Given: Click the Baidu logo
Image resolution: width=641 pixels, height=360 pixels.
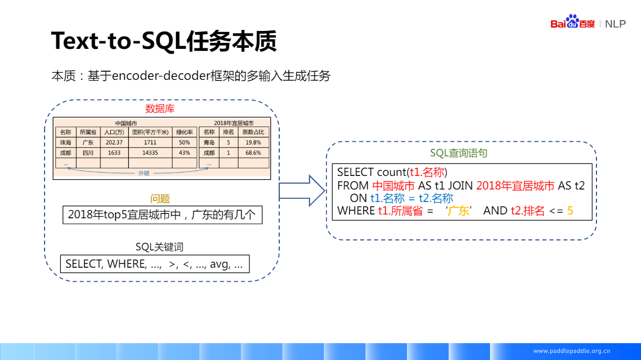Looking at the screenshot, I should click(x=573, y=23).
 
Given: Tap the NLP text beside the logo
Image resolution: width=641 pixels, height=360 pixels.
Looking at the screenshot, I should click(x=615, y=24).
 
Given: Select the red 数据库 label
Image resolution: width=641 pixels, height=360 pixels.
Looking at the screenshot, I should click(x=160, y=109).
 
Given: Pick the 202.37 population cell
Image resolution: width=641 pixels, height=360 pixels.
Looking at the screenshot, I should click(x=114, y=142).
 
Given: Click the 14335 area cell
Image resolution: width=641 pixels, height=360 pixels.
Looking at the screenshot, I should click(x=150, y=153).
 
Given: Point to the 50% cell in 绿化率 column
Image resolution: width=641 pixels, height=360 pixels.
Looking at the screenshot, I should click(x=184, y=142).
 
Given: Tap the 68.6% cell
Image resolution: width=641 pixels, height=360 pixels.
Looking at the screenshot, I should click(x=253, y=153).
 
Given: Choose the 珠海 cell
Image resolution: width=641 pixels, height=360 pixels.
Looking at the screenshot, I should click(x=66, y=142).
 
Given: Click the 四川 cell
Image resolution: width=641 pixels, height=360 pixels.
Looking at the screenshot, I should click(x=88, y=153).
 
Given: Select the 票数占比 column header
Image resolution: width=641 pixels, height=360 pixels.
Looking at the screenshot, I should click(x=253, y=132).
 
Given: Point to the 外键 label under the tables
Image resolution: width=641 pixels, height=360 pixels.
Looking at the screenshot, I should click(x=143, y=173).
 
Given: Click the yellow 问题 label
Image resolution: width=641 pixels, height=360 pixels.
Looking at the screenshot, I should click(x=160, y=199).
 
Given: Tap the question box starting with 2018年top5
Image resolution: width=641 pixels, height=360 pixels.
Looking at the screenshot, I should click(x=162, y=214).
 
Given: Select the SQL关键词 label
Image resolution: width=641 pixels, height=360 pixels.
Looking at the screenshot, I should click(x=159, y=247).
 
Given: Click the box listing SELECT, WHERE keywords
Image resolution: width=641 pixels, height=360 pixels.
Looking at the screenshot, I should click(x=155, y=264).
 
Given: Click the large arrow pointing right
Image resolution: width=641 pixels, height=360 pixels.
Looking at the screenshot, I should click(x=300, y=191).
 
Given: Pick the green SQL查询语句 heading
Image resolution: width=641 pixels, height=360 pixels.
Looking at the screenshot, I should click(x=458, y=153).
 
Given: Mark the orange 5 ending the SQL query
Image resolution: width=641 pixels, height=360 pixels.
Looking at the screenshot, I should click(x=570, y=211).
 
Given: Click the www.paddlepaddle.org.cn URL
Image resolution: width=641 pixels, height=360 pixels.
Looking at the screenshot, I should click(x=571, y=351).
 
